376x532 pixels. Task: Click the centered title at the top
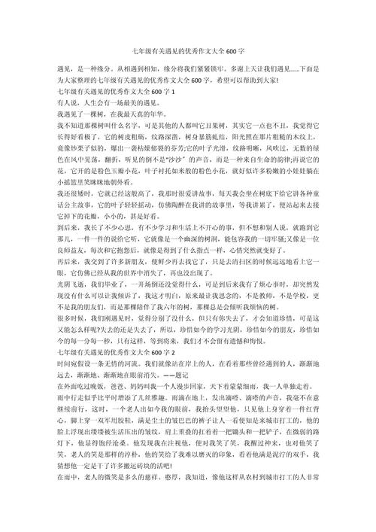click(188, 41)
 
